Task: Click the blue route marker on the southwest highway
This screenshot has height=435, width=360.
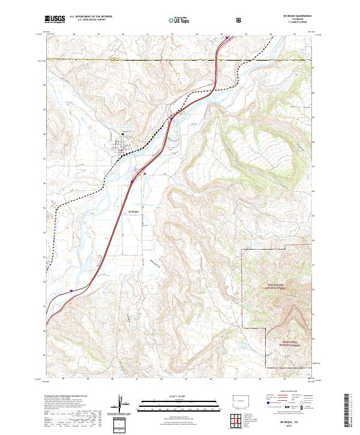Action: pos(71,292)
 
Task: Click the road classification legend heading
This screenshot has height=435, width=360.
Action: pos(285,393)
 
